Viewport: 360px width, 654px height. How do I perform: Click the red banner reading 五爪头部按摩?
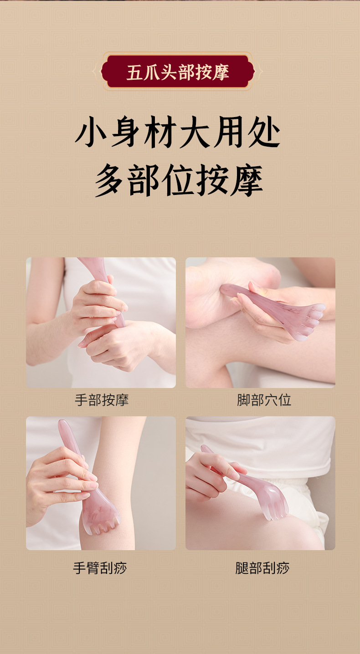[178, 72]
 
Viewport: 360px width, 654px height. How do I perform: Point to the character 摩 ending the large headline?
[247, 180]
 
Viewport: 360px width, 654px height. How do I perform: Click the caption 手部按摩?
[102, 400]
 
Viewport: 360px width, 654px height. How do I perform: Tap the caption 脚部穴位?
[264, 400]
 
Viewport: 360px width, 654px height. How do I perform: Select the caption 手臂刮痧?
[100, 567]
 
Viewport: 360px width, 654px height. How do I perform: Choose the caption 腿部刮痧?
[262, 567]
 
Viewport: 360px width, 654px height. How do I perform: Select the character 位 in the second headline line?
[179, 180]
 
